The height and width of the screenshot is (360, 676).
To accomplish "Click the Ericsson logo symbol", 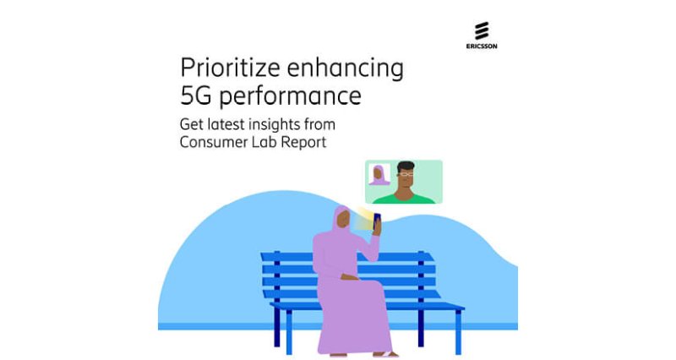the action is pyautogui.click(x=482, y=30).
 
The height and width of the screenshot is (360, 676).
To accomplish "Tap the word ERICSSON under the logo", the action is pyautogui.click(x=482, y=46).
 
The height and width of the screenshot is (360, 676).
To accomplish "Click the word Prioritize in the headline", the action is pyautogui.click(x=230, y=68).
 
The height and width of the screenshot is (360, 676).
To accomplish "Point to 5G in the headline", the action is pyautogui.click(x=196, y=95).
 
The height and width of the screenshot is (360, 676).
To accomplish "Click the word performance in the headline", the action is pyautogui.click(x=290, y=96).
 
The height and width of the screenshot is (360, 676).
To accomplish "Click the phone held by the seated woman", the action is pyautogui.click(x=376, y=221).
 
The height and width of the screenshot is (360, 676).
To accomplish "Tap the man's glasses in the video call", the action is pyautogui.click(x=406, y=175).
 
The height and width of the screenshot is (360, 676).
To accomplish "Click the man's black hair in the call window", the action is pyautogui.click(x=406, y=166).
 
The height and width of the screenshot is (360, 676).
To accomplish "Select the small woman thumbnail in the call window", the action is pyautogui.click(x=379, y=174).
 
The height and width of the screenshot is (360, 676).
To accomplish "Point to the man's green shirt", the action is pyautogui.click(x=404, y=199).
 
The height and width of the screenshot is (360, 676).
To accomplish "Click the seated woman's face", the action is pyautogui.click(x=343, y=220).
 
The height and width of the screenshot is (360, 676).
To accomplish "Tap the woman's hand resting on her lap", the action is pyautogui.click(x=349, y=276).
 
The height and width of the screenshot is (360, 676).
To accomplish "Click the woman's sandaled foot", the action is pyautogui.click(x=386, y=354).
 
